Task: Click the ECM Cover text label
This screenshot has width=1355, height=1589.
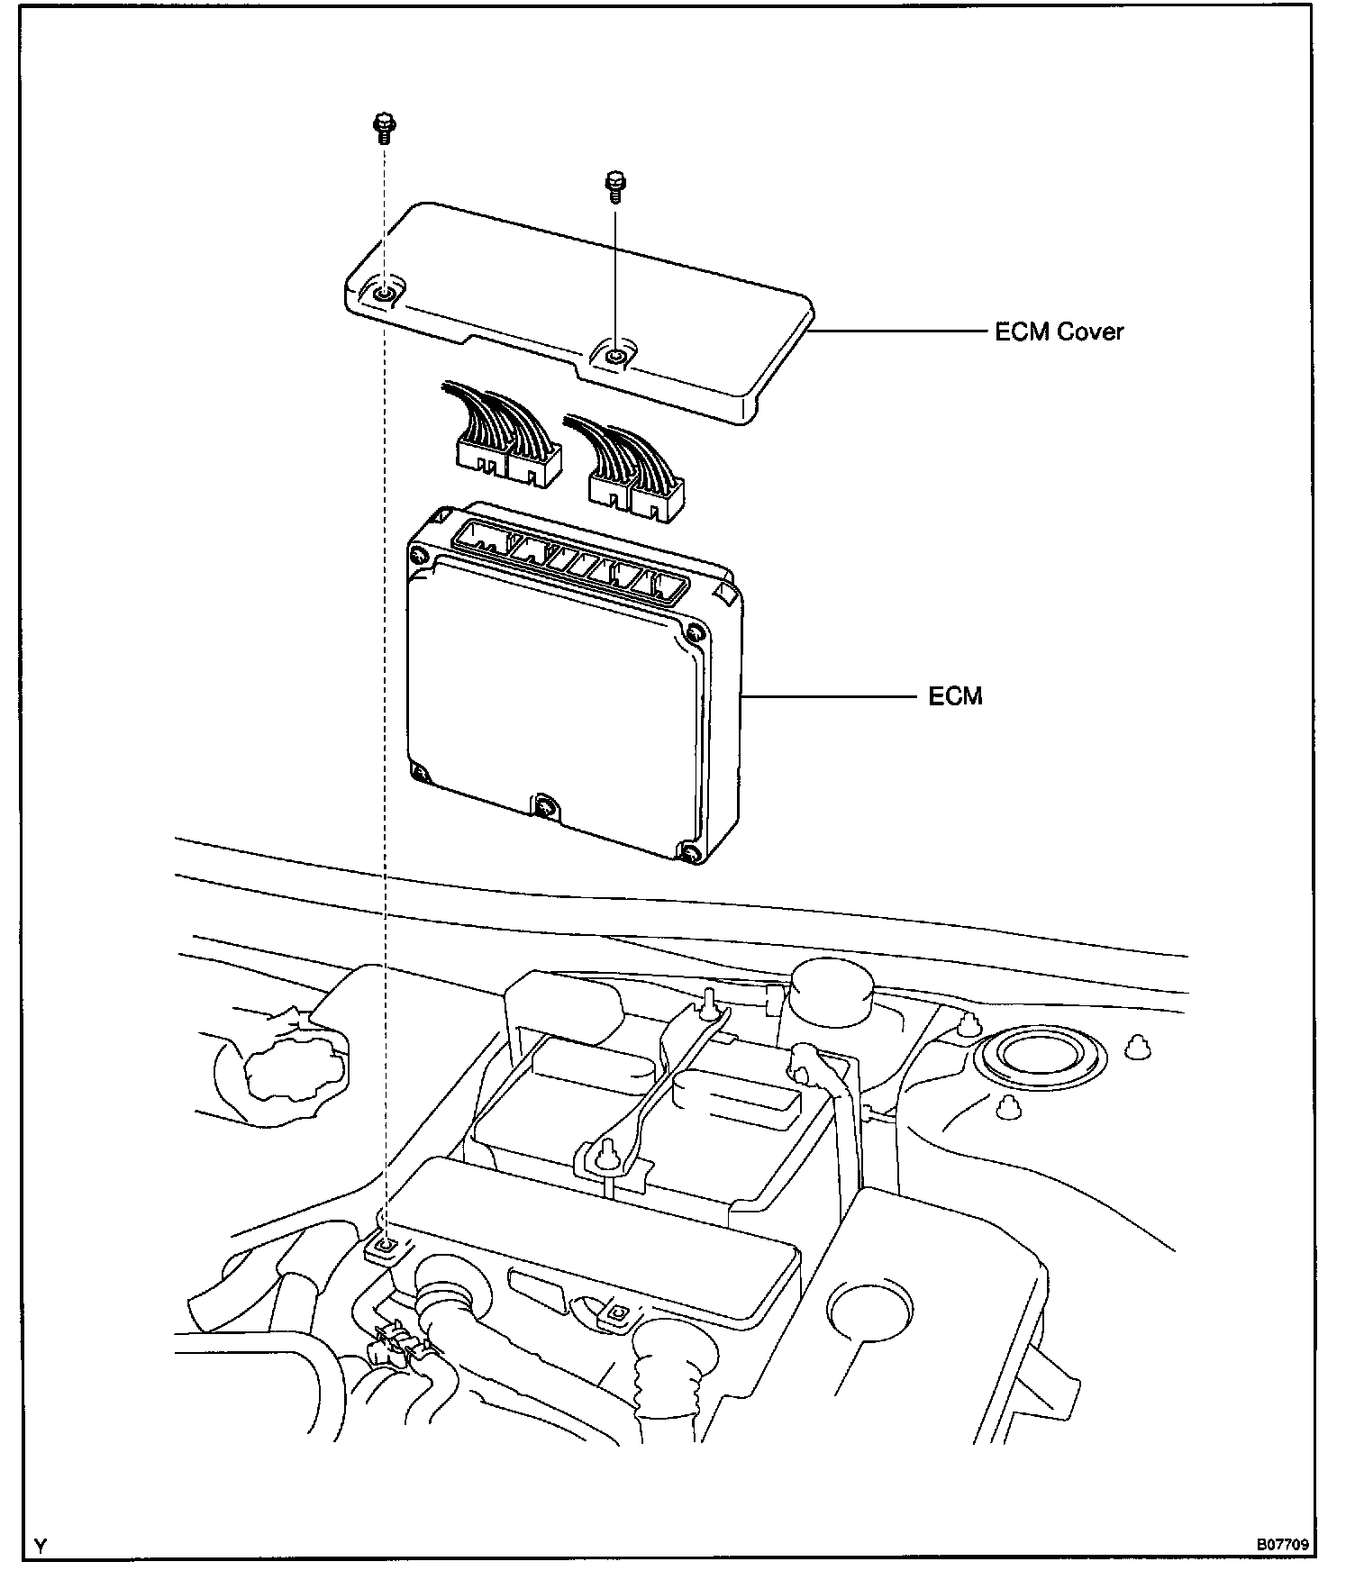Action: pos(1059,331)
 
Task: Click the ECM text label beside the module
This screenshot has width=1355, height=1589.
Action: pos(955,696)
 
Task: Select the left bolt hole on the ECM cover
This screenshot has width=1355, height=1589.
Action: pos(385,292)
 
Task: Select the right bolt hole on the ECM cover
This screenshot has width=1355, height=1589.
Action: pos(614,356)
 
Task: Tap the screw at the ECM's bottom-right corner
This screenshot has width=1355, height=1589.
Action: pos(689,852)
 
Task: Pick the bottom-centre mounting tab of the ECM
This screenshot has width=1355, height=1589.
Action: pos(545,806)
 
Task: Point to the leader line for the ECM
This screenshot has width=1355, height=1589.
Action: pos(829,696)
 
